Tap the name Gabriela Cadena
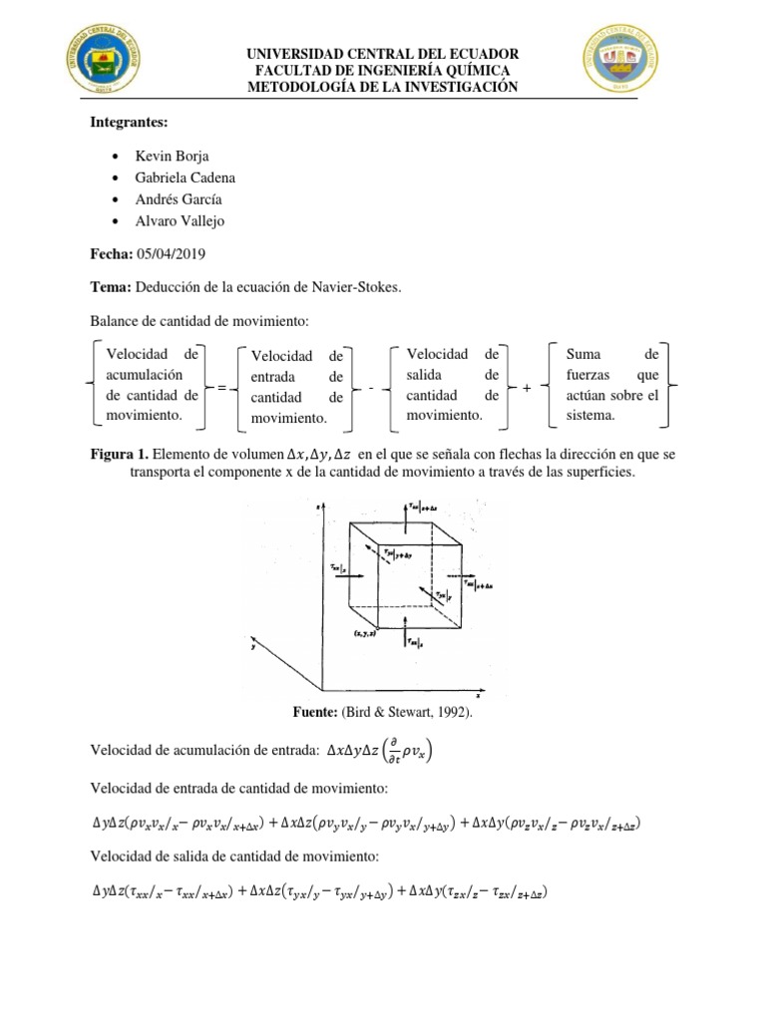185,177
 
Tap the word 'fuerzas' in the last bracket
589,375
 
